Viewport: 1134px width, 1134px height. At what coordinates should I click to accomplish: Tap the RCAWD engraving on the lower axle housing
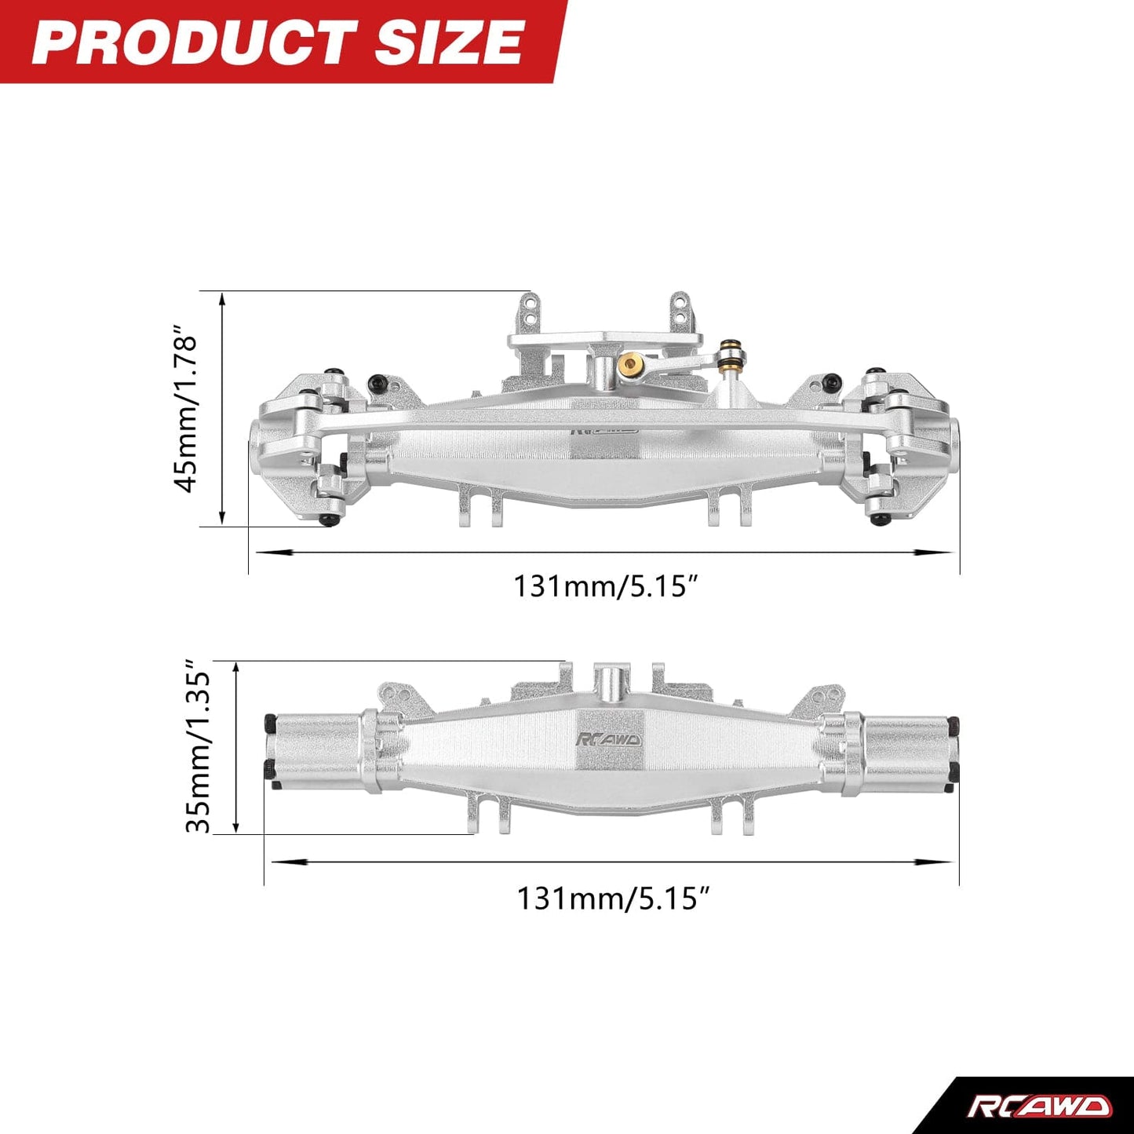608,739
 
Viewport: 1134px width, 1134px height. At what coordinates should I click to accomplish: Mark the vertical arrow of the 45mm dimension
223,408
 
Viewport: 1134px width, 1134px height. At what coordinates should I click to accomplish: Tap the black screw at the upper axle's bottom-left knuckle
330,520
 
